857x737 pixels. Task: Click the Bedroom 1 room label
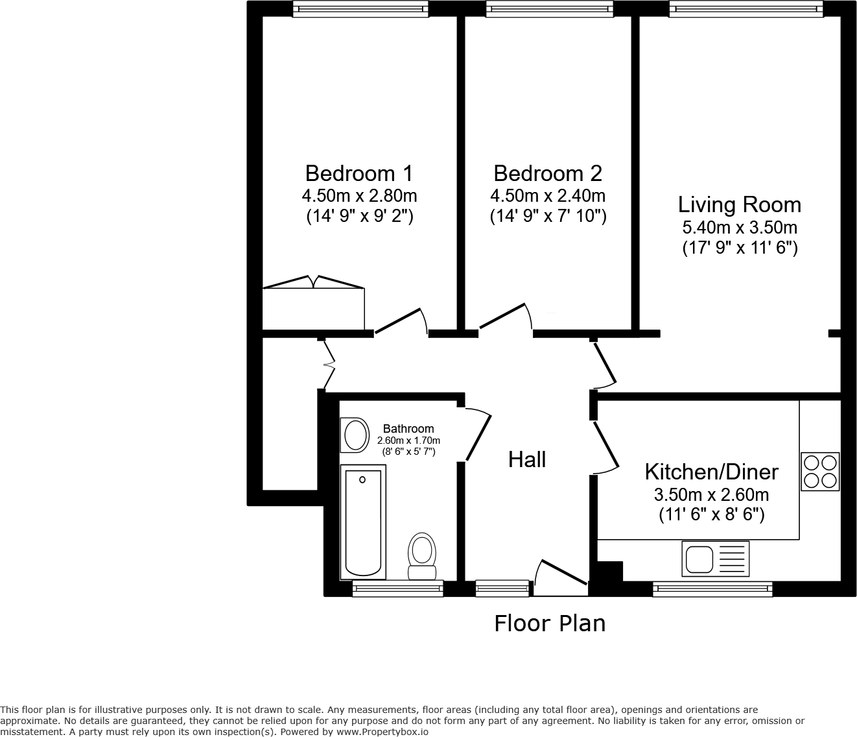point(359,173)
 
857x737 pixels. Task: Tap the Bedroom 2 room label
point(548,173)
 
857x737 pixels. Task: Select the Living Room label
point(740,205)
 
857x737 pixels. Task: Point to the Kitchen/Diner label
point(712,472)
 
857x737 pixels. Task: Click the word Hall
point(527,460)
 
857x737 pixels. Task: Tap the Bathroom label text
point(408,429)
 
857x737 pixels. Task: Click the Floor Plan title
point(550,623)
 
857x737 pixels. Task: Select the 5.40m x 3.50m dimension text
point(740,228)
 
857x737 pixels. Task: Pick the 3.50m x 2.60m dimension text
point(712,494)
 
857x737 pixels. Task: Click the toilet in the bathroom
point(422,556)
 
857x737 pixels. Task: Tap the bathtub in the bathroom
point(363,522)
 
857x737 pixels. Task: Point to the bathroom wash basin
point(355,435)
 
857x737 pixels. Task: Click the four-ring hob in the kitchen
point(820,472)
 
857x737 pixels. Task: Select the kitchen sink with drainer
point(716,559)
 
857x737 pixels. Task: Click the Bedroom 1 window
point(360,8)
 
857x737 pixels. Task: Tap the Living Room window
point(746,8)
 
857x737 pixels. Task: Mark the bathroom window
point(397,588)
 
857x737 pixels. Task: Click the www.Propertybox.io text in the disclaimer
point(382,732)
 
